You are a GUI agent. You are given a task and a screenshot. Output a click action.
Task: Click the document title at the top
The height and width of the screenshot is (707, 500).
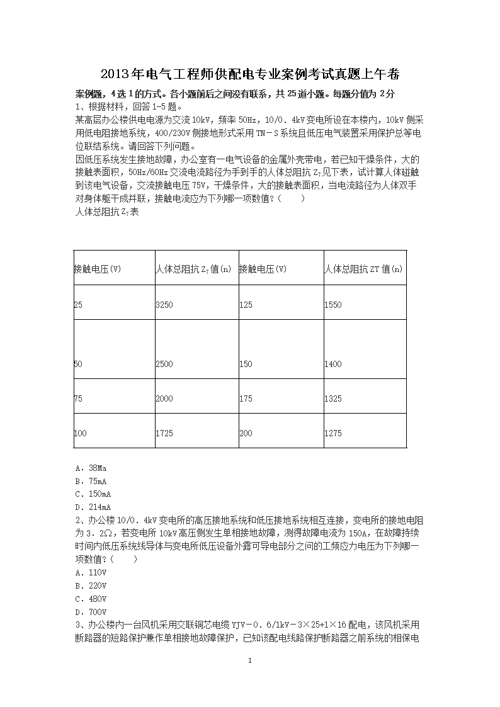(x=250, y=75)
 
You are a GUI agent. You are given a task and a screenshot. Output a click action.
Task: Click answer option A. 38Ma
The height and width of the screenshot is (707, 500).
(x=90, y=468)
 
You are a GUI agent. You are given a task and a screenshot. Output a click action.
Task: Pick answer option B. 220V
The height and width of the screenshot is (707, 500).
(x=90, y=585)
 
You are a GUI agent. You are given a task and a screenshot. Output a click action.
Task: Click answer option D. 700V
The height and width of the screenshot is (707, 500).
(x=90, y=612)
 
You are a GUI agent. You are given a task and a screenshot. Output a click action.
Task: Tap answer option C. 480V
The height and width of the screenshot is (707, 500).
(x=90, y=599)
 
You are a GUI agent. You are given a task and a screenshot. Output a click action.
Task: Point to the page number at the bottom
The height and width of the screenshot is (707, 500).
(x=250, y=660)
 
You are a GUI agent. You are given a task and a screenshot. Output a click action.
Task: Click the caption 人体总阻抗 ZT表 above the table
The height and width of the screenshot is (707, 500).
(x=106, y=212)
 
